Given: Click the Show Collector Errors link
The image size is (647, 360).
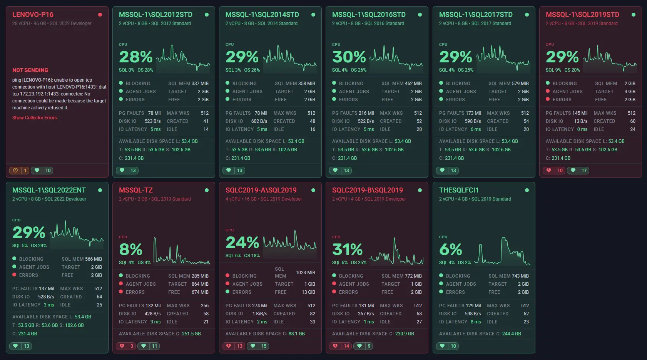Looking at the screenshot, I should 34,118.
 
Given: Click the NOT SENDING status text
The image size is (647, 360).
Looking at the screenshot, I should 30,70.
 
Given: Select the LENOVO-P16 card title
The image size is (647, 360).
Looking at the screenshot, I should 33,15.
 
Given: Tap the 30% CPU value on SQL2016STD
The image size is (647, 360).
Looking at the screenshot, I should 349,57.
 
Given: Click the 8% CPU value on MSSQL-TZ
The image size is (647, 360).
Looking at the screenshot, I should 130,249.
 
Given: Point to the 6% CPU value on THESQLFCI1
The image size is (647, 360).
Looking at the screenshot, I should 450,249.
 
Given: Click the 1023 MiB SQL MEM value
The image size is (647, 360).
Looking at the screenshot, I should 305,273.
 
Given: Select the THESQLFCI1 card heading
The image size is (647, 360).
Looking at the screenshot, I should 459,190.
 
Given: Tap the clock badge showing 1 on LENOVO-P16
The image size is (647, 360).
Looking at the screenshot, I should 19,171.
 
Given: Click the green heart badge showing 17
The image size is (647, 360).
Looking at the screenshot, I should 579,171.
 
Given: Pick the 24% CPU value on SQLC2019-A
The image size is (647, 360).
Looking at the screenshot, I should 242,243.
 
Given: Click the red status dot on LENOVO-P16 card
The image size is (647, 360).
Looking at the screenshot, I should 100,15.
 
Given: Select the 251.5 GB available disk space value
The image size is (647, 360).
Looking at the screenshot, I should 191,334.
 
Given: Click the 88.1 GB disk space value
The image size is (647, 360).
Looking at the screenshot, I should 296,334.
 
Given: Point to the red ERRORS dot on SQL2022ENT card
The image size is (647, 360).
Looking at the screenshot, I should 14,275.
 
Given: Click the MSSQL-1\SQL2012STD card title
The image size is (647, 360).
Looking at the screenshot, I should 155,15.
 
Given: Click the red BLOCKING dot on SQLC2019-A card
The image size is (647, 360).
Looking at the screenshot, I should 227,276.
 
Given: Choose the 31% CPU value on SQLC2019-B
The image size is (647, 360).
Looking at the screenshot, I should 347,249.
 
